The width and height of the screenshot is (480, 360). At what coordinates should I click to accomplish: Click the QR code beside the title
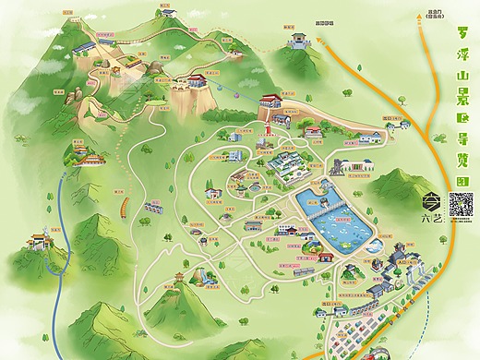click(461, 204)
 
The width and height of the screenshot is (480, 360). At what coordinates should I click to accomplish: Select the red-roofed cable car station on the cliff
click(271, 99)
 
